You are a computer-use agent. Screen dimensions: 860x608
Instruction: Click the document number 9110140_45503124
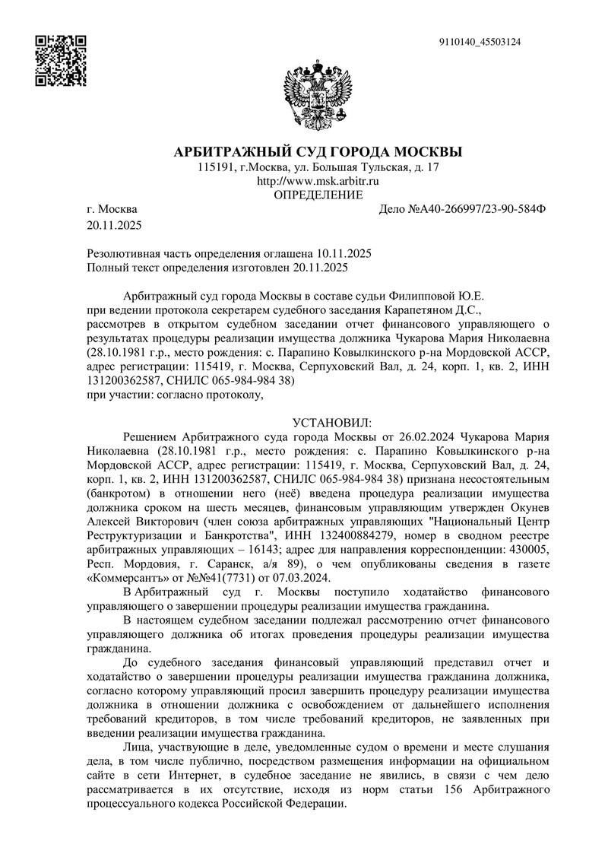click(x=480, y=43)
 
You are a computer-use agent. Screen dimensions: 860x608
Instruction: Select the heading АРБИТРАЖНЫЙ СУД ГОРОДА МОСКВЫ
click(x=318, y=151)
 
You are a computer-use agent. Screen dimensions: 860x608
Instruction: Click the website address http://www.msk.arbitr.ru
click(x=318, y=181)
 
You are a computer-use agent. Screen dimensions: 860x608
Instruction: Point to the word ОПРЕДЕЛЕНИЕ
click(x=318, y=195)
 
